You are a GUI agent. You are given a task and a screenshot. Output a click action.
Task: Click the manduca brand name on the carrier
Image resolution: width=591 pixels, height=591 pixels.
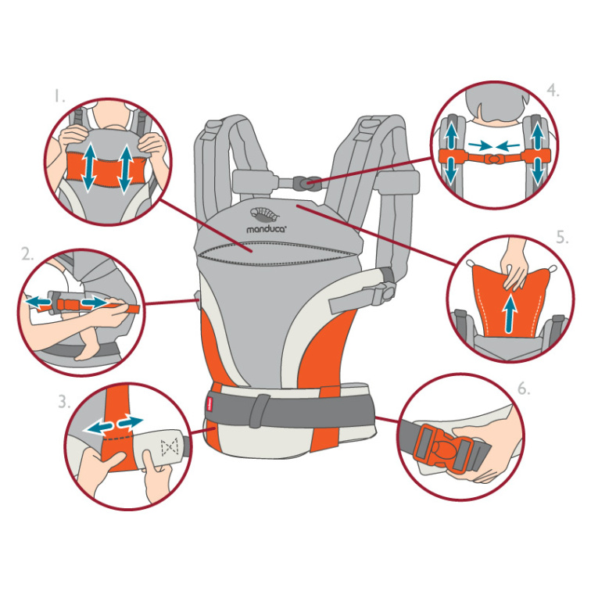tap(267, 229)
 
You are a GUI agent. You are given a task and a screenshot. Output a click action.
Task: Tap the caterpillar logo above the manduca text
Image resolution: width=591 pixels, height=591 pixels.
tap(265, 214)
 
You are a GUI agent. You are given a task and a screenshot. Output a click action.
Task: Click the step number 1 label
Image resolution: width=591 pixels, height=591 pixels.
tap(59, 95)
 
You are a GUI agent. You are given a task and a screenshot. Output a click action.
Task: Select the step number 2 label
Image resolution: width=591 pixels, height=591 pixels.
tap(27, 254)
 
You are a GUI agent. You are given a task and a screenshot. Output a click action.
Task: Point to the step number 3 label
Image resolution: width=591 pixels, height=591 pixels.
tap(64, 402)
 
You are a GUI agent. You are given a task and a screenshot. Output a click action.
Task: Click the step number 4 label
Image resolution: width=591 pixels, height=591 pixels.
tap(553, 91)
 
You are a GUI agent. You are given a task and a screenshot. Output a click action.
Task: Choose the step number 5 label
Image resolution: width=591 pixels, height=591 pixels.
tap(562, 238)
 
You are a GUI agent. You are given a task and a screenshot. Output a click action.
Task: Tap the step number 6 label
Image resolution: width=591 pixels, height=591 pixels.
tap(524, 389)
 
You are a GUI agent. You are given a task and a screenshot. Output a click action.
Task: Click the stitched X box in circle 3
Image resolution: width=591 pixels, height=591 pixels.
tap(169, 446)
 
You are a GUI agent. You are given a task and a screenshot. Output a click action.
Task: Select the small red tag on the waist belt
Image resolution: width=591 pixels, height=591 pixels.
tap(210, 407)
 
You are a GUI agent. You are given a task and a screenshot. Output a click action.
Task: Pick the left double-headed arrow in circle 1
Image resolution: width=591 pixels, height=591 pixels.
tap(89, 167)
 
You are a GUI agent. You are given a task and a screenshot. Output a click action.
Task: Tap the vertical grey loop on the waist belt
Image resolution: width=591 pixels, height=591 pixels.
tap(260, 410)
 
